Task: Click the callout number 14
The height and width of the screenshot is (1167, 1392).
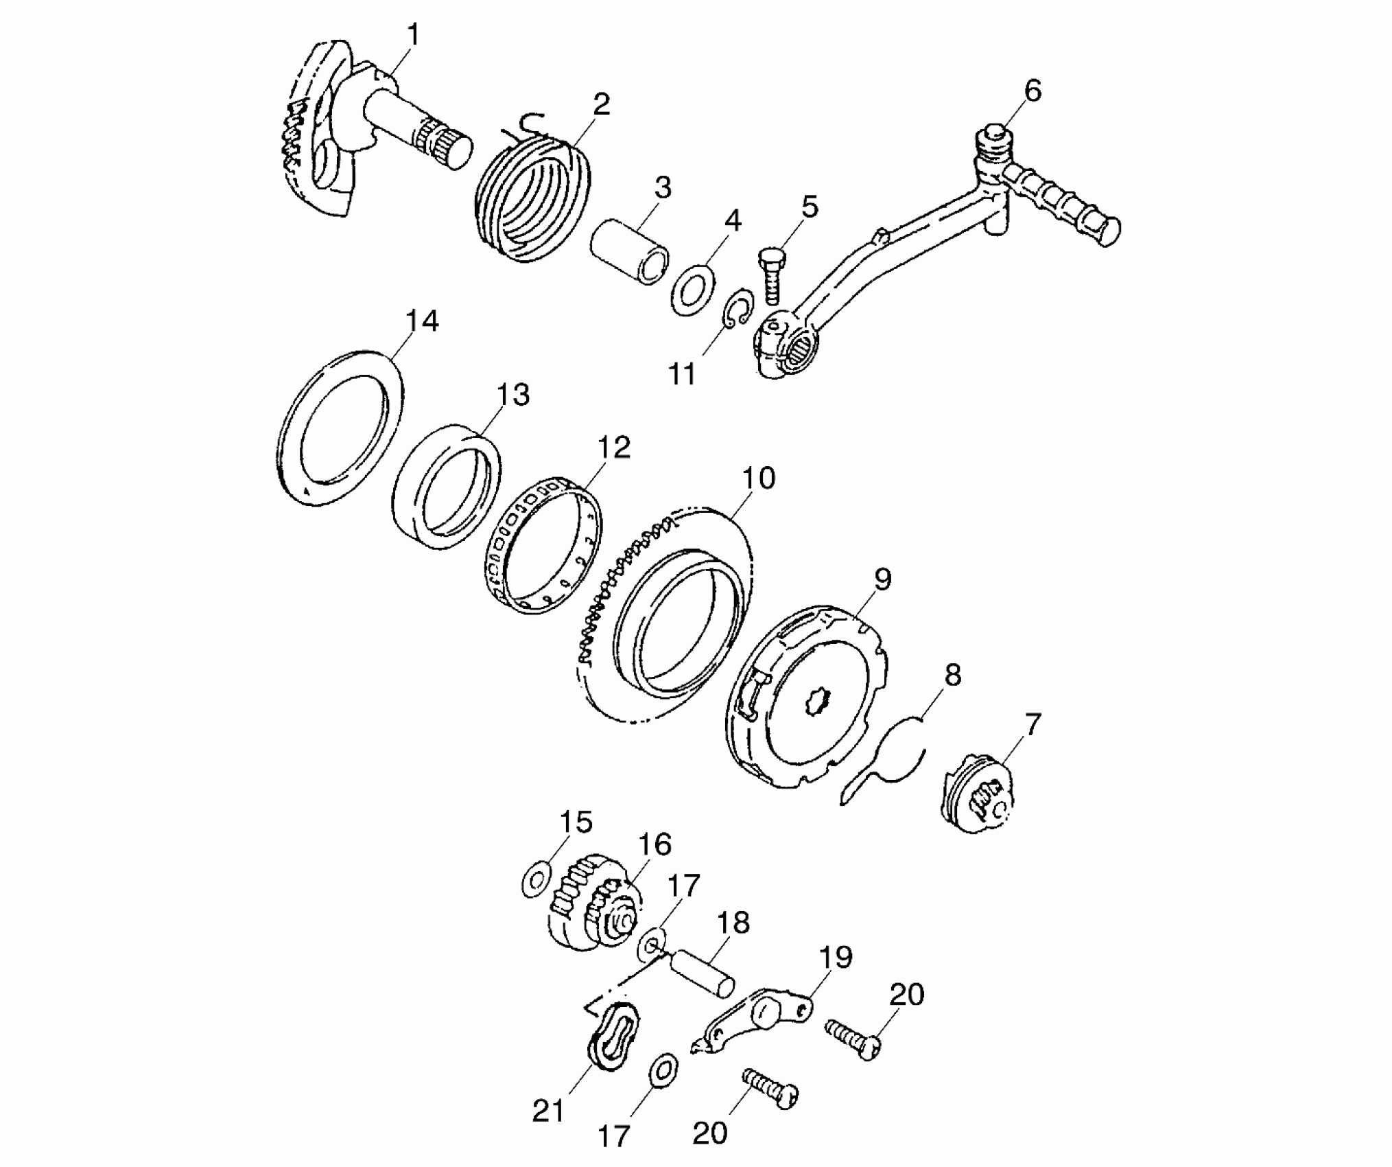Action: point(421,321)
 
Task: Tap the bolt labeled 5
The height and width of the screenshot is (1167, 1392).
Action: point(772,277)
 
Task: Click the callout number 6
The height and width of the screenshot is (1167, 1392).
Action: point(1033,90)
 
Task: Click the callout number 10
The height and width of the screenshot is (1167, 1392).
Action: point(757,478)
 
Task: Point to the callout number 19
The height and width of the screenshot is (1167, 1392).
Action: point(835,957)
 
